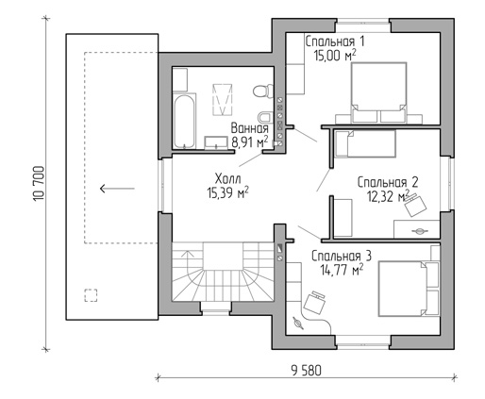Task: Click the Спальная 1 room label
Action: (335, 42)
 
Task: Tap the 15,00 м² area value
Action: (335, 56)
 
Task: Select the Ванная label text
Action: (250, 128)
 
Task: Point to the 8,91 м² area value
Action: (250, 142)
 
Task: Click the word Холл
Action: (228, 179)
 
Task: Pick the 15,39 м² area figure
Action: (228, 192)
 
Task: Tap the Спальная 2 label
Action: (388, 182)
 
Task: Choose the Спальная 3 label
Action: (342, 256)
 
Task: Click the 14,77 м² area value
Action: (342, 270)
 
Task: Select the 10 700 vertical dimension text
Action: (39, 184)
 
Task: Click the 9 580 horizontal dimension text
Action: (307, 371)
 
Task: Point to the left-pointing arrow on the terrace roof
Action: (117, 189)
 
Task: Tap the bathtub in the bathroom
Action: (184, 122)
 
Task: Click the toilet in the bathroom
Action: (263, 91)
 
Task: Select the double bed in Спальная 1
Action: (378, 92)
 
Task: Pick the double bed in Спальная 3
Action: (409, 289)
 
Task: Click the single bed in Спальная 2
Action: (365, 143)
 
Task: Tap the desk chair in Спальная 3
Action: (314, 302)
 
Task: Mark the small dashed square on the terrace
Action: (91, 295)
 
